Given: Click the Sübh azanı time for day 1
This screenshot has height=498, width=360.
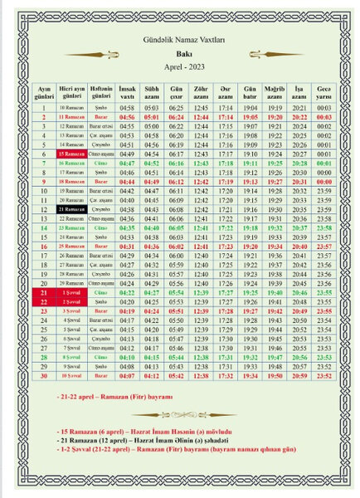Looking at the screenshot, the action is point(152,108).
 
